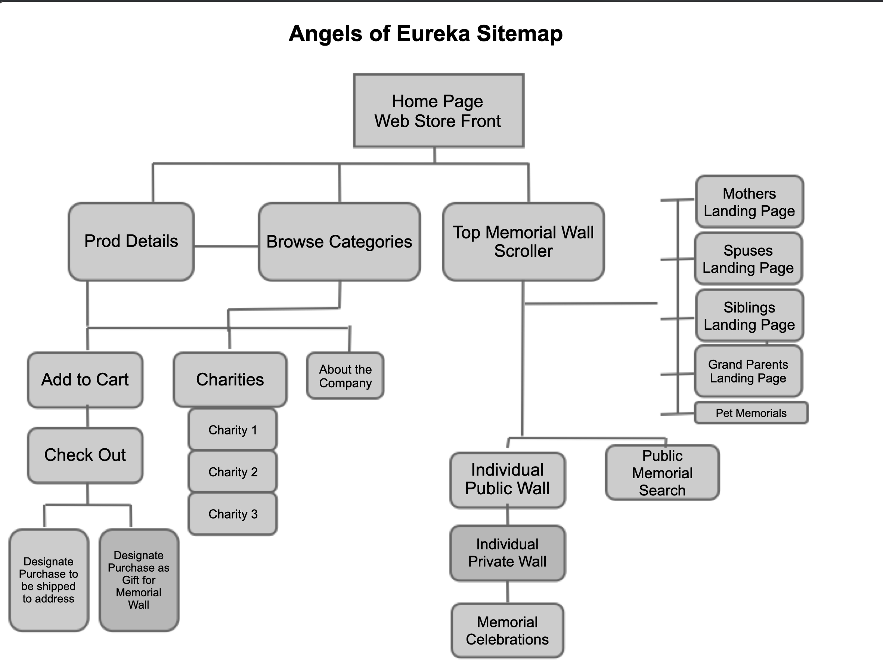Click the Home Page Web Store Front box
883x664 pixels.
click(x=438, y=111)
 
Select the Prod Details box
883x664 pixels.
click(x=131, y=241)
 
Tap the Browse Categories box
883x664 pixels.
click(x=339, y=241)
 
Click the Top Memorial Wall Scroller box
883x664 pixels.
click(x=523, y=241)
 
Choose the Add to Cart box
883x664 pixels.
click(x=85, y=379)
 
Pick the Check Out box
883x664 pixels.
click(x=85, y=455)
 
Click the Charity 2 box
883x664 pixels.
click(x=233, y=472)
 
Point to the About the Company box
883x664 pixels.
click(x=345, y=375)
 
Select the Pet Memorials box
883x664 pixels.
click(x=751, y=413)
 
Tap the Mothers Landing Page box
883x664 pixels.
click(x=749, y=202)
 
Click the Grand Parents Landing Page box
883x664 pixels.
click(x=748, y=371)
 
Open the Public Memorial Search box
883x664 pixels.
click(x=662, y=473)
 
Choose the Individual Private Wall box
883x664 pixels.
click(x=507, y=553)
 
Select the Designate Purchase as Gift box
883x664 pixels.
click(x=139, y=580)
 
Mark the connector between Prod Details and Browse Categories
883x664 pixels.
click(x=226, y=246)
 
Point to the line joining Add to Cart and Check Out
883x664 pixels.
click(x=87, y=418)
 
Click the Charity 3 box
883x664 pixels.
click(x=233, y=514)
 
